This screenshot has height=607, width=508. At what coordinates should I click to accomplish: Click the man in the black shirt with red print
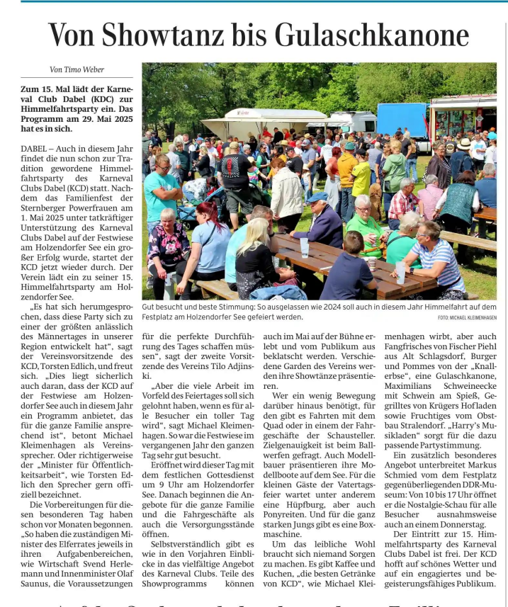coord(235,174)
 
